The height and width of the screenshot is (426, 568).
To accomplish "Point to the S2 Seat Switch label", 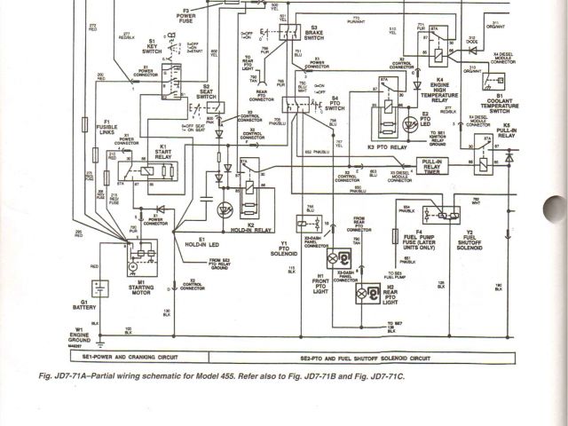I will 205,91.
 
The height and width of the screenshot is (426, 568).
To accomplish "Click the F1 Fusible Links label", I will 106,126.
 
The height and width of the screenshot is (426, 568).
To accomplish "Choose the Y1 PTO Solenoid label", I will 285,248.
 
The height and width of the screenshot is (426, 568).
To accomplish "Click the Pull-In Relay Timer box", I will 433,166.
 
